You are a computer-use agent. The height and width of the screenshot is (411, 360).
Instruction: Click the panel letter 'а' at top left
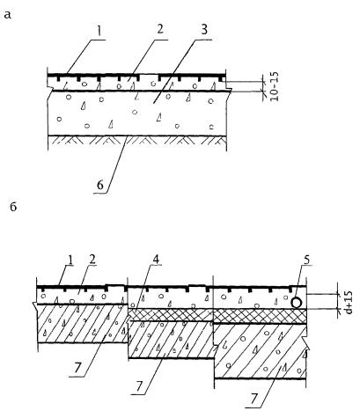[x=8, y=15]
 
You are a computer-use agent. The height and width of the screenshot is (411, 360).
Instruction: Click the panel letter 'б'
[x=13, y=207]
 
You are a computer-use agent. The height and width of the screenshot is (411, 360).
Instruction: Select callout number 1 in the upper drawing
[x=99, y=31]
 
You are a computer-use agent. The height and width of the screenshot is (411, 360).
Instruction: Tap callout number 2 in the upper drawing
[x=160, y=30]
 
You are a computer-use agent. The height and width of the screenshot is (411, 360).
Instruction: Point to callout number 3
[x=204, y=30]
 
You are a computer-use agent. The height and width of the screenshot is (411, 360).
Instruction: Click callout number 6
[x=100, y=186]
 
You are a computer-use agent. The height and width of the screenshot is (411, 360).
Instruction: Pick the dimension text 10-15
[x=274, y=87]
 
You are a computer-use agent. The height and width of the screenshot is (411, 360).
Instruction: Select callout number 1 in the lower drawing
[x=70, y=260]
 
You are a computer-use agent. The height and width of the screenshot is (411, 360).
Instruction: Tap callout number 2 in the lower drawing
[x=92, y=260]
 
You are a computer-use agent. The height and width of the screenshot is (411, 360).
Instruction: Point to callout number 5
[x=306, y=260]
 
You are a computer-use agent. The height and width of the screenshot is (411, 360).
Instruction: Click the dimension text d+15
[x=349, y=302]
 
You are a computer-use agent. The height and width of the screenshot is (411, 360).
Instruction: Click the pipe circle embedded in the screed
[x=297, y=303]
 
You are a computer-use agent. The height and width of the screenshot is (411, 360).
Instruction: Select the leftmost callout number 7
[x=77, y=369]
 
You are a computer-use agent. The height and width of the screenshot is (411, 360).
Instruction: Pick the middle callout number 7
[x=139, y=387]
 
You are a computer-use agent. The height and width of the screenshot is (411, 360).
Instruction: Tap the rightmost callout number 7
[x=254, y=400]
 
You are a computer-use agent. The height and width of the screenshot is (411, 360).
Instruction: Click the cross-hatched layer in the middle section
[x=171, y=314]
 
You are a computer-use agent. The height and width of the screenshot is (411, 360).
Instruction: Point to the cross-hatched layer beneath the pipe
[x=260, y=316]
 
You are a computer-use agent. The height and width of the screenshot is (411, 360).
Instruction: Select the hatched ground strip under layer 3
[x=137, y=140]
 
